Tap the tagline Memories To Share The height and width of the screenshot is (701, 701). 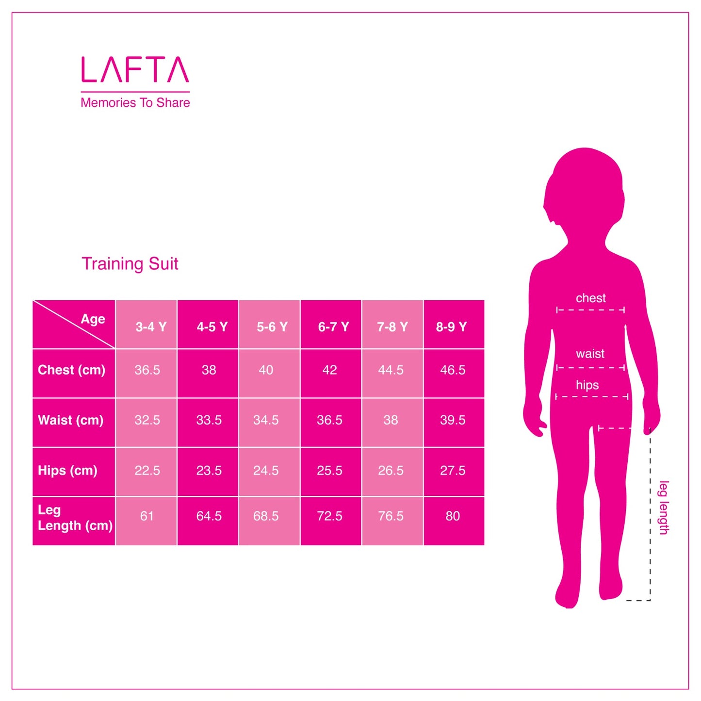pos(135,103)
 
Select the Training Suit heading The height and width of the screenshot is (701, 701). pos(130,264)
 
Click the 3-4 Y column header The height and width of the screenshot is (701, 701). pos(151,327)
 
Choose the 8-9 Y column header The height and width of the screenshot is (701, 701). pos(451,327)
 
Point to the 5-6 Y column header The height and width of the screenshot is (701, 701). pos(272,327)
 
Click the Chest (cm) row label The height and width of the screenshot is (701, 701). pos(72,370)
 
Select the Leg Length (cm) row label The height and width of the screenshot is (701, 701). pos(74,518)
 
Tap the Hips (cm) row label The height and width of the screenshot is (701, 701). pos(67,471)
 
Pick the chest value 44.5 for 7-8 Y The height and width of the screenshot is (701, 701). pos(391,370)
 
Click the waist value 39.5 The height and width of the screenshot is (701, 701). pos(453,420)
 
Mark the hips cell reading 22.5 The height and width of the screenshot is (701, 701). pos(147,471)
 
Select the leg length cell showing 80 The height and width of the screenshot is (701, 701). pos(453,516)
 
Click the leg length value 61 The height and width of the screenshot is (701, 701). pos(147,516)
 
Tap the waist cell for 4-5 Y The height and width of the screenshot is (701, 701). pos(209,420)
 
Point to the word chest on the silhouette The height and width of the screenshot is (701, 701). pos(590,298)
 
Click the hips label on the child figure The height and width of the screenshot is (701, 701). pos(587,385)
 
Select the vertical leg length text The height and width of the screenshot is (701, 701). pos(664,507)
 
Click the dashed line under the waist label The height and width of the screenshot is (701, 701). pos(590,368)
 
